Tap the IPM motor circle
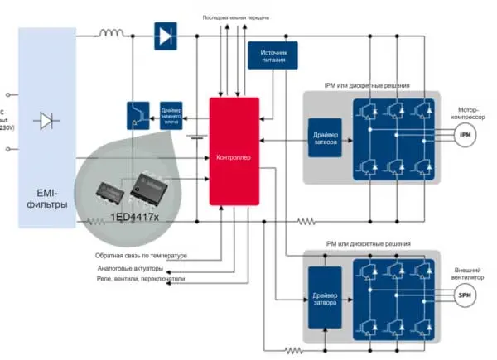(x=465, y=133)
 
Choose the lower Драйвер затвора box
(x=324, y=299)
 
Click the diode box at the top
(x=165, y=36)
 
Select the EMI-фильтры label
(x=46, y=199)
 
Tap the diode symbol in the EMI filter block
(x=46, y=121)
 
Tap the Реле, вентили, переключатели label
(x=142, y=280)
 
